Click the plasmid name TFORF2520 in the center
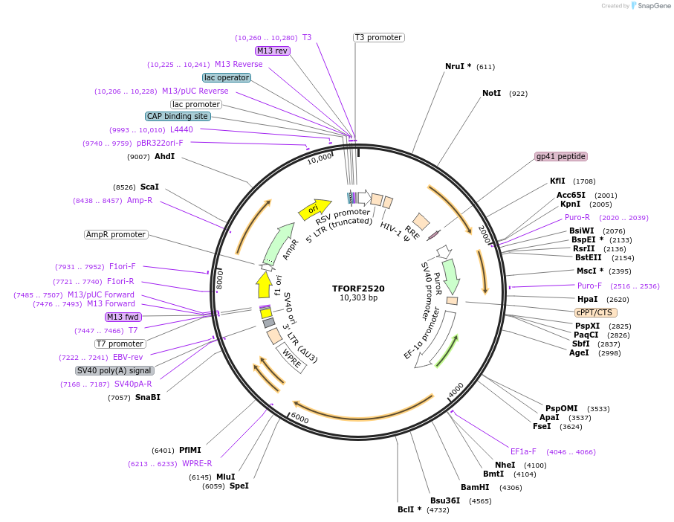358,288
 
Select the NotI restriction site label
491,94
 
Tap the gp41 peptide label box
561,157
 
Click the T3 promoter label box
378,37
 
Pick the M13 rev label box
272,51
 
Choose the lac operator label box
227,77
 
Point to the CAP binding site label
178,116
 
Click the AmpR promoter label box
116,234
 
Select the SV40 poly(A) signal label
114,370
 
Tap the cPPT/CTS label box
595,312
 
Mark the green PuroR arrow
450,276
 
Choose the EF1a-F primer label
523,451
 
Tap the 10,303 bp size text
358,297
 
